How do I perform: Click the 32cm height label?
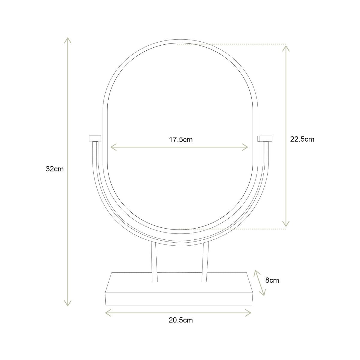(55, 169)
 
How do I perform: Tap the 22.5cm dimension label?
(302, 139)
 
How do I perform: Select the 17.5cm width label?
(181, 139)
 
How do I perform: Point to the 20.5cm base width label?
(181, 320)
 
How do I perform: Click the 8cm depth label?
(272, 280)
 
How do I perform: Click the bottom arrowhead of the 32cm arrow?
(68, 304)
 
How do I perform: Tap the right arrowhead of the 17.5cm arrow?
(247, 147)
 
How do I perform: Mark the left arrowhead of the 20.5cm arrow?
(107, 313)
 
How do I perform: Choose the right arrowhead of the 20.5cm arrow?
(249, 313)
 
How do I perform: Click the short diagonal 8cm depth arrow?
(260, 283)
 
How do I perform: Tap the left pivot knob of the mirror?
(96, 139)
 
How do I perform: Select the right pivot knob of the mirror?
(265, 139)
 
